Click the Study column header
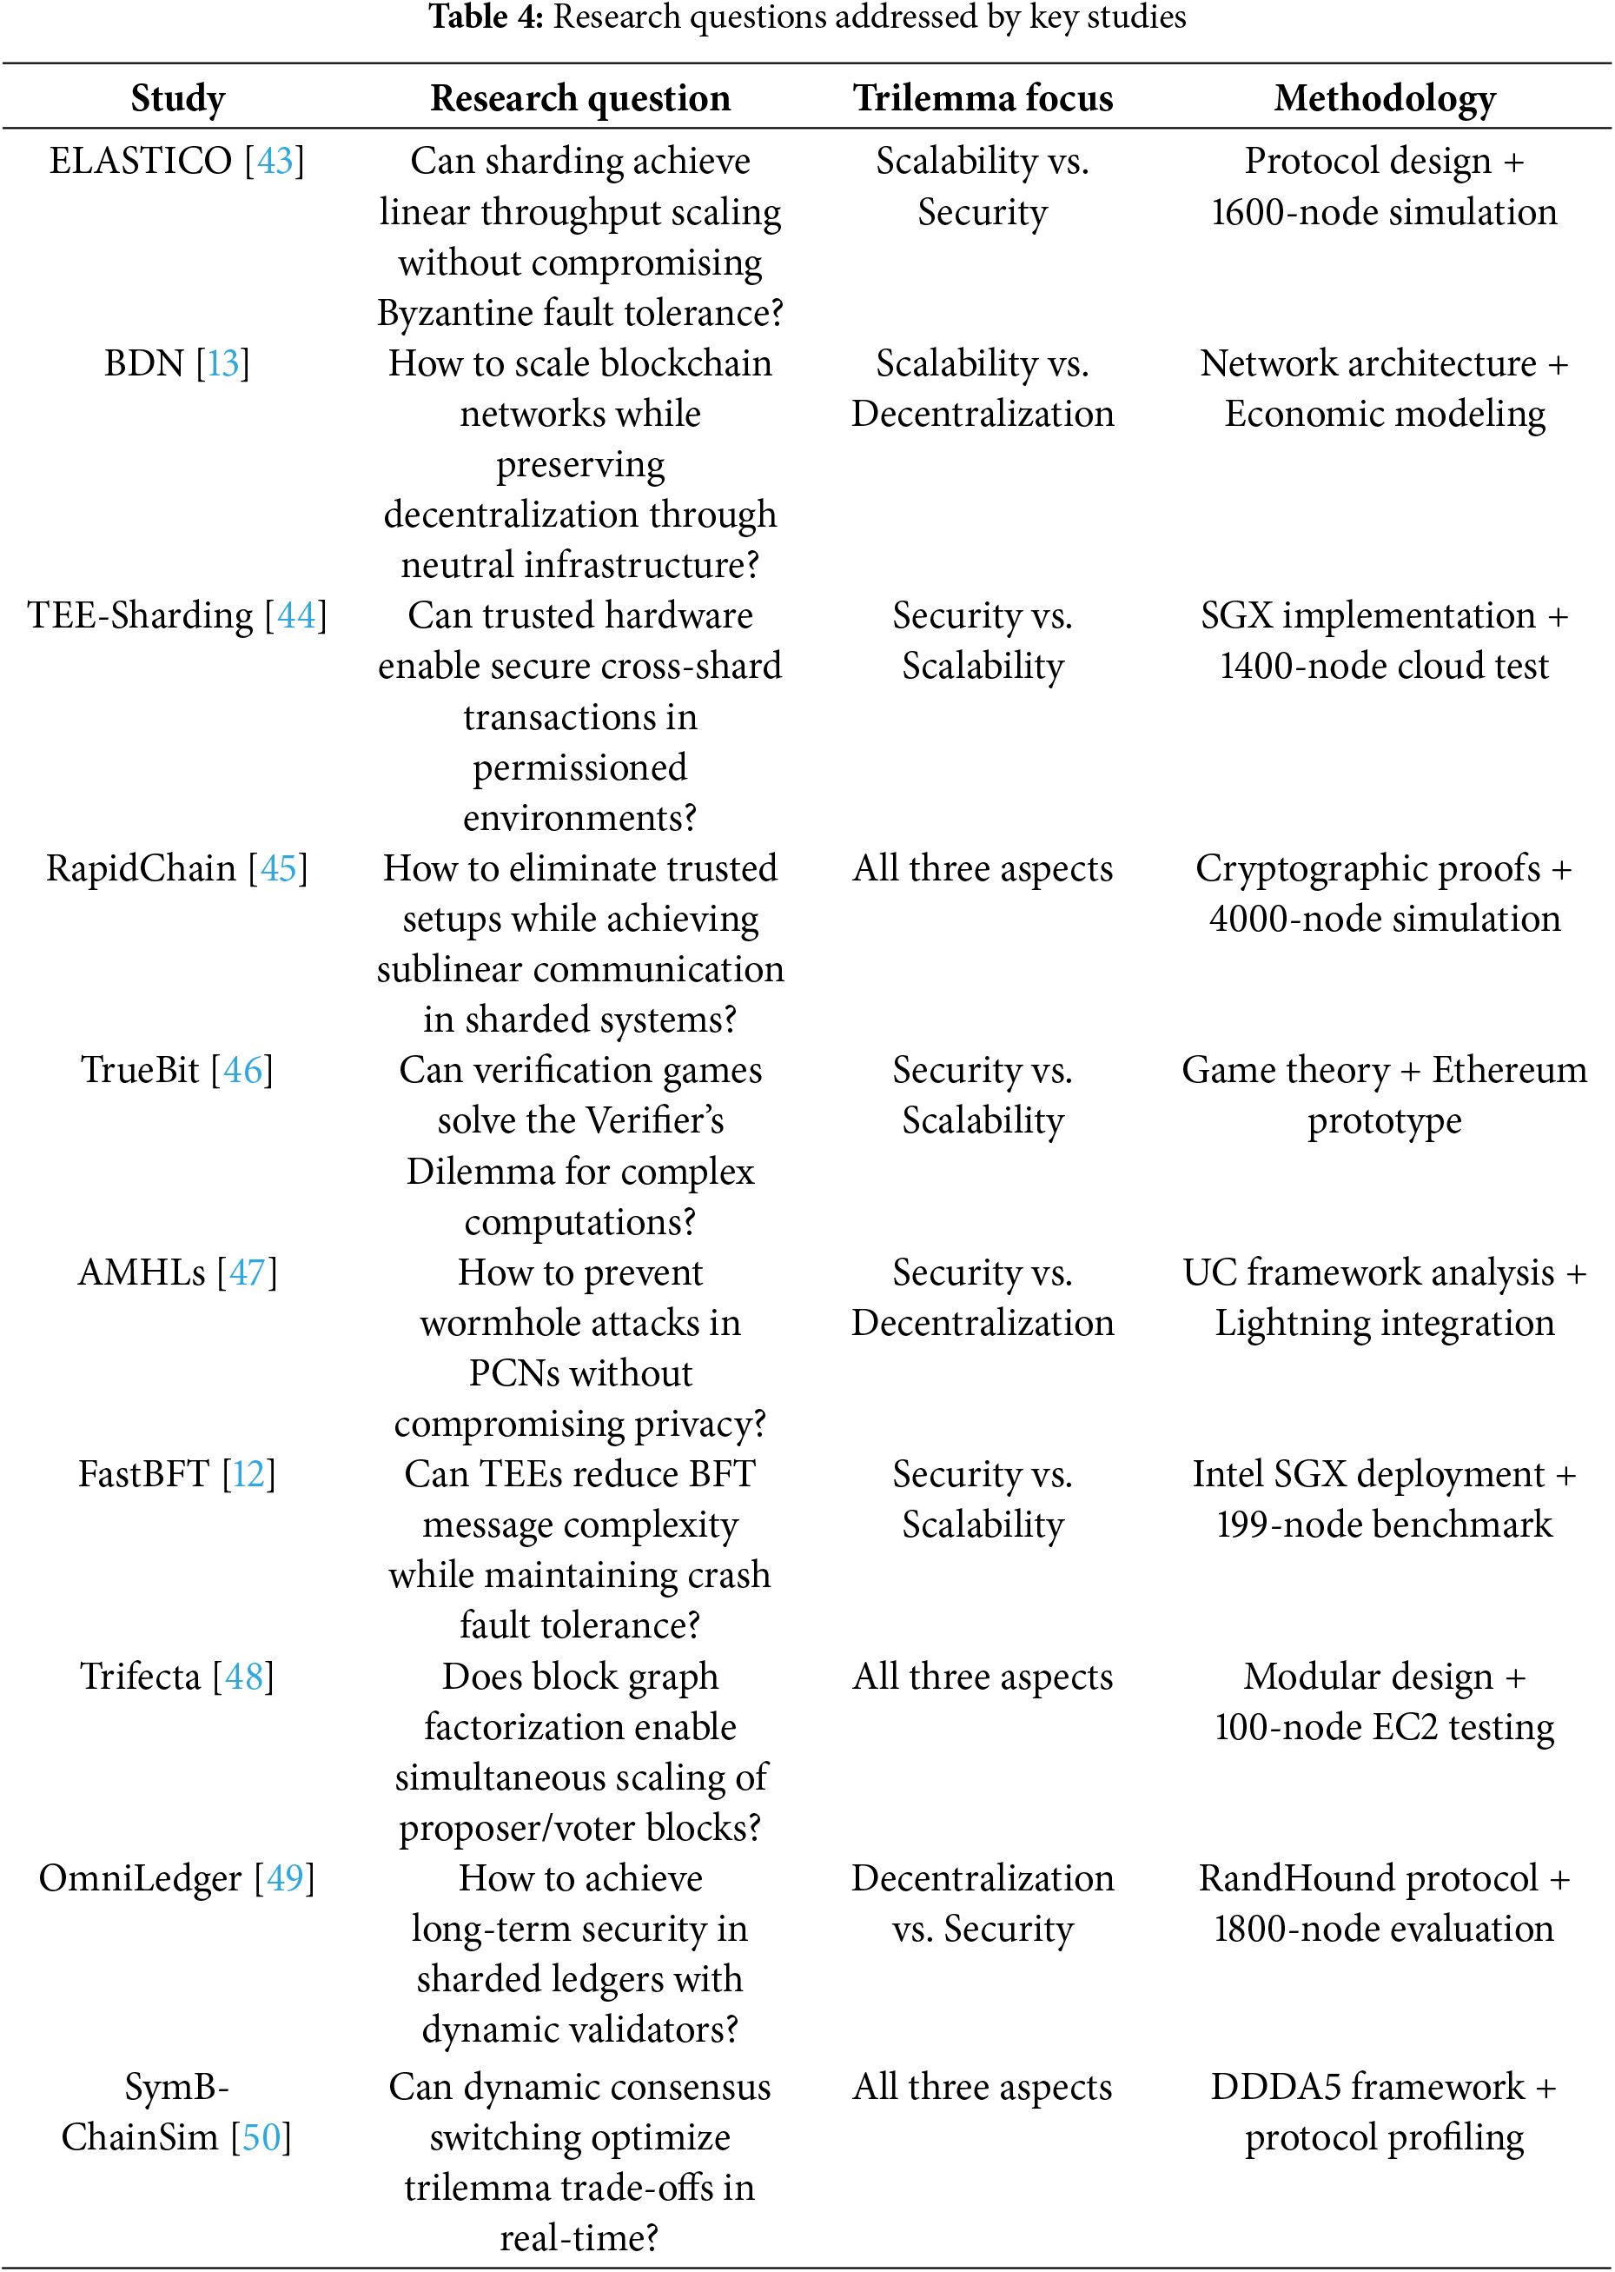[178, 97]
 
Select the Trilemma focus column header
[982, 97]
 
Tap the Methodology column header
[1384, 97]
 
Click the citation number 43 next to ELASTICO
[275, 161]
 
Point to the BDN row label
[144, 364]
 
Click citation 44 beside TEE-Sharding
[296, 615]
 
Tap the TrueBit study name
[140, 1070]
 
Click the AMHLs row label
[142, 1272]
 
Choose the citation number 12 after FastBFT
[248, 1474]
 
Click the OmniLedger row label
[140, 1879]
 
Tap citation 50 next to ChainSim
[261, 2136]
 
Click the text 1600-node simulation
[1384, 212]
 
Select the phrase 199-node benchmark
[1384, 1525]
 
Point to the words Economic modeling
[1384, 414]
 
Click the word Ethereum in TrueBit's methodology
[1509, 1070]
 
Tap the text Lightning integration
[1384, 1323]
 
